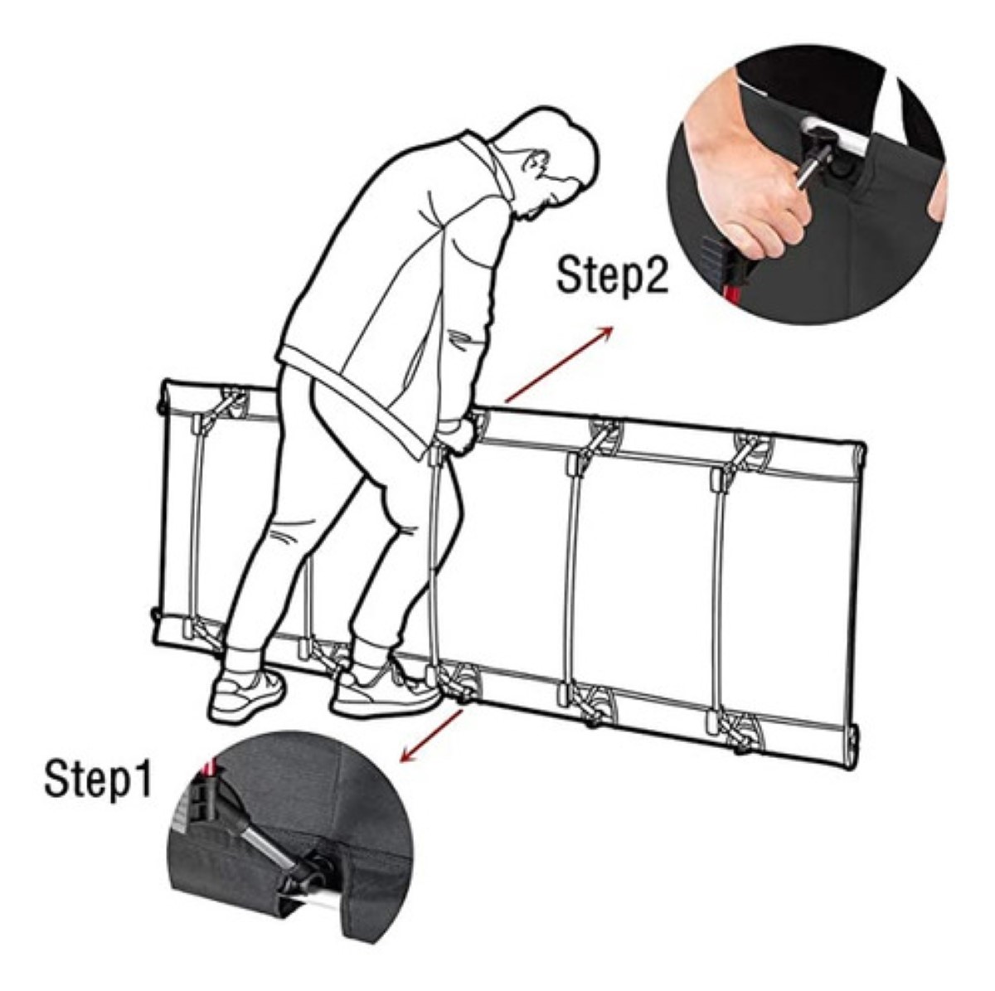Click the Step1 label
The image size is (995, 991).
point(99,777)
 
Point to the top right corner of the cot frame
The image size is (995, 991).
point(858,453)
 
